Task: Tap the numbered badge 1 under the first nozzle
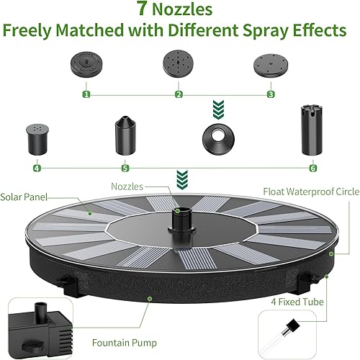coord(86,94)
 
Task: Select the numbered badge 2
coord(179,94)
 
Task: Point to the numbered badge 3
coord(271,94)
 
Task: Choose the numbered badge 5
coord(125,168)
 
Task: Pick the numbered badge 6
coord(312,168)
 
